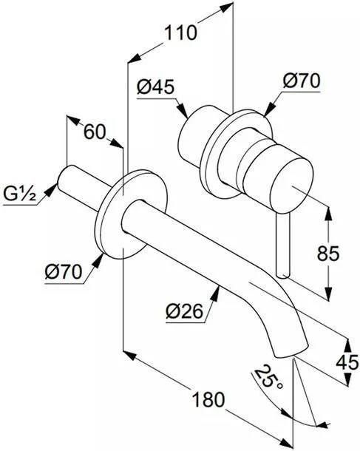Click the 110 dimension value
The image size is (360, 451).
click(181, 33)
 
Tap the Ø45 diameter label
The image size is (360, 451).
click(155, 87)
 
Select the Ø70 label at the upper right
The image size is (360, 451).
click(302, 81)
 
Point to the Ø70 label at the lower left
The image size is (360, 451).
click(64, 272)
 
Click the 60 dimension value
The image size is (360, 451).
click(95, 132)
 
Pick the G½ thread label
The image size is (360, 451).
click(19, 194)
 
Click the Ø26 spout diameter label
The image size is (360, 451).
click(185, 311)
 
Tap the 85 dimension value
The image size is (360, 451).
click(328, 254)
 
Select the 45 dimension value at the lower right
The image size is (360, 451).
click(347, 362)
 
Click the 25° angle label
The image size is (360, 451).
click(266, 378)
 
